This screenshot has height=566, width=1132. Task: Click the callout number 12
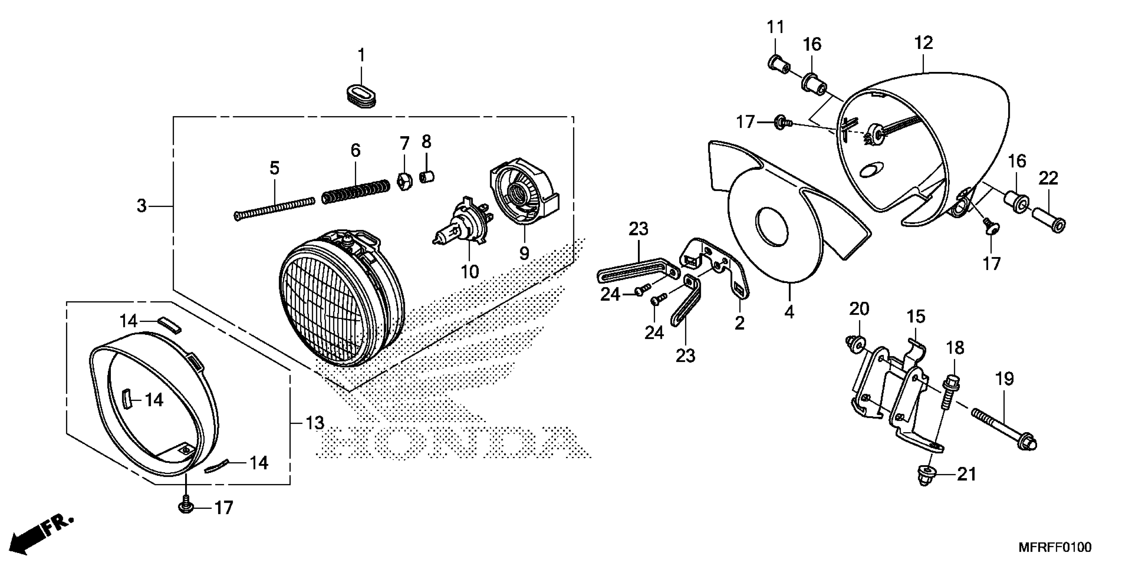pyautogui.click(x=923, y=43)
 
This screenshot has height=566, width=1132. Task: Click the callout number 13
pyautogui.click(x=315, y=423)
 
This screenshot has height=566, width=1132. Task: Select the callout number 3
pyautogui.click(x=141, y=205)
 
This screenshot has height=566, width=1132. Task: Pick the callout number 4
pyautogui.click(x=789, y=312)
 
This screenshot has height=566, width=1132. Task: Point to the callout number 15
pyautogui.click(x=916, y=316)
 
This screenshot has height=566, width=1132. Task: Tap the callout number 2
pyautogui.click(x=739, y=323)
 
